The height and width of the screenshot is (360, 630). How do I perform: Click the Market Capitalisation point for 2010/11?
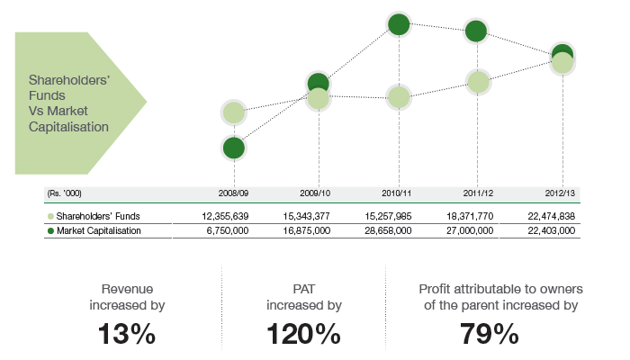pos(399,24)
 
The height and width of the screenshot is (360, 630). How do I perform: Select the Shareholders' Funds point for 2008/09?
pos(233,112)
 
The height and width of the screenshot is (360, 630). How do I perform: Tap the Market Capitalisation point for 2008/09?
pos(233,148)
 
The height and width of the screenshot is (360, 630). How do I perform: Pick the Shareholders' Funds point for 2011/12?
pos(478,82)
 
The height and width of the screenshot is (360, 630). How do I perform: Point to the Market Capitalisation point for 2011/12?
pos(476,31)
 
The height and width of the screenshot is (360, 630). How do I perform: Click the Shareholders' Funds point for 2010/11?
pos(399,96)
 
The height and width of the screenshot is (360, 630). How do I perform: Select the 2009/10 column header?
pos(315,193)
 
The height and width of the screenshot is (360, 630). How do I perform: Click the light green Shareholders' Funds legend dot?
pos(49,217)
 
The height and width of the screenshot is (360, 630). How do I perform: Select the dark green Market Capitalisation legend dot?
pos(49,231)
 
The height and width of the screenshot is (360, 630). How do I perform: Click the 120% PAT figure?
pos(304,334)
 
